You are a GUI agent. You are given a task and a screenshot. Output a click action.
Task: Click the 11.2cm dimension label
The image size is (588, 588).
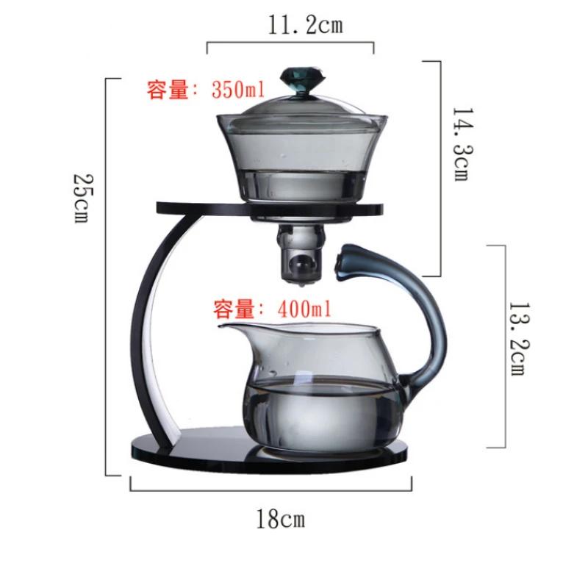(x=305, y=26)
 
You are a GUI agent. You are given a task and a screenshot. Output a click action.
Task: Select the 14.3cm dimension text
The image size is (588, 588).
(x=463, y=144)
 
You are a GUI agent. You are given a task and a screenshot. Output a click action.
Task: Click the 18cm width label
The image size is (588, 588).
(x=281, y=519)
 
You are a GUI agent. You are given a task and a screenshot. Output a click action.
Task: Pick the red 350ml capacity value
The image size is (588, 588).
(x=238, y=90)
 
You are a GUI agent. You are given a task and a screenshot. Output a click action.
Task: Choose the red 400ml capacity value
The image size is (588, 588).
(x=304, y=309)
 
